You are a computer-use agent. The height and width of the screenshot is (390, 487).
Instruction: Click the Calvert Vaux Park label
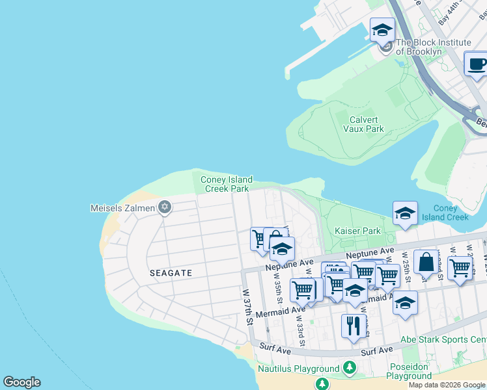pos(363,123)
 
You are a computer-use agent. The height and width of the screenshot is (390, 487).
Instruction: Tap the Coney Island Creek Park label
pos(226,184)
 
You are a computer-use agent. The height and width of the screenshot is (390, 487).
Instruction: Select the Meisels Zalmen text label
pos(122,208)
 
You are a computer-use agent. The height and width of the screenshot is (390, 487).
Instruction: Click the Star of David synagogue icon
pos(165,207)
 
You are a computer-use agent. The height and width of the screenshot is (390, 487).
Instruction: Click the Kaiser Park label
pos(357,231)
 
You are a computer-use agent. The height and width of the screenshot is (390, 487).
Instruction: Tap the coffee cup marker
pos(477,64)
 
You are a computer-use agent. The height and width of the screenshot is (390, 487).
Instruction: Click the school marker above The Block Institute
pos(382,30)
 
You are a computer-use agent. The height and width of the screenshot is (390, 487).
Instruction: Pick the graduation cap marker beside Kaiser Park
pos(405,213)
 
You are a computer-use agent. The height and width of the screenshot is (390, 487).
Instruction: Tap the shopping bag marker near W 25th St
pos(425,263)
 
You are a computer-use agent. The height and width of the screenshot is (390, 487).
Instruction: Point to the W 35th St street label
pos(277,292)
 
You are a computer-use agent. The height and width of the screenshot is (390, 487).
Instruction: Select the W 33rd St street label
pos(300,330)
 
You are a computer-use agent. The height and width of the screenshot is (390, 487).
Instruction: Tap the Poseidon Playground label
pos(410,371)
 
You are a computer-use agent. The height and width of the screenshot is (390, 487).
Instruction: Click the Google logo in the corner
pos(21,382)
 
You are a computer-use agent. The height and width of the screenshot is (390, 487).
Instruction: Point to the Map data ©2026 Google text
pos(447,385)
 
